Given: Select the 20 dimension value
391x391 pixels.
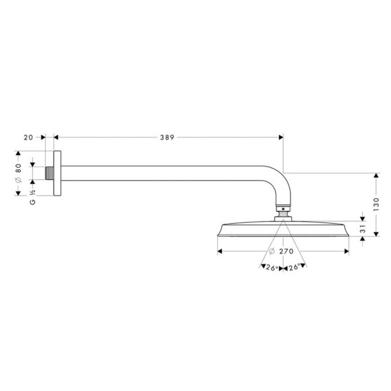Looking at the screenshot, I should point(28,138).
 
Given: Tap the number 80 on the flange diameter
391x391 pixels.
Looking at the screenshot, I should point(19,169).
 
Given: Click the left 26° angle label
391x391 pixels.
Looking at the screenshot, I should point(272,267).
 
